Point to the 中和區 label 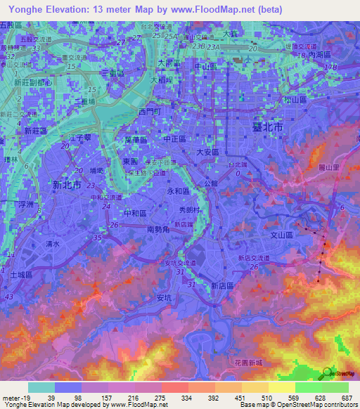tap(134, 212)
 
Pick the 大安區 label tap(208, 151)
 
